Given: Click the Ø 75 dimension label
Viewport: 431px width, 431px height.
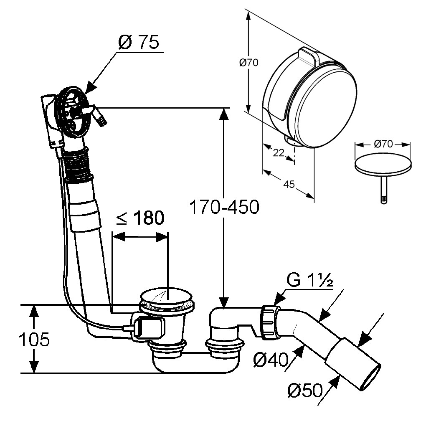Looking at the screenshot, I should [139, 43].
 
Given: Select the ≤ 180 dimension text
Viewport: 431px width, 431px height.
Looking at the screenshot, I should [140, 218].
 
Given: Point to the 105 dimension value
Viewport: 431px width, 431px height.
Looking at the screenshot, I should [34, 340].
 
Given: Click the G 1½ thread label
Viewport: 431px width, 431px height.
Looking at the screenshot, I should [310, 281].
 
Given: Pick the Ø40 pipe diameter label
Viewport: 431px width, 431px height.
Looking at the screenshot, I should [272, 359].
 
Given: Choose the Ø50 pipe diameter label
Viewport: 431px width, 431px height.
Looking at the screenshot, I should [305, 391].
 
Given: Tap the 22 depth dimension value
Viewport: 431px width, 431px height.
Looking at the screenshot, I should [278, 152].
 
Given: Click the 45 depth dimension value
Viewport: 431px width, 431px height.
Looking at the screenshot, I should [288, 184].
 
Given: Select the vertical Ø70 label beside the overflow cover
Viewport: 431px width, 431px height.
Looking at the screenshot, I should [248, 63].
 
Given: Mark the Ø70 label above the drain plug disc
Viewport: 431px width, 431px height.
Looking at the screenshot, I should [383, 145].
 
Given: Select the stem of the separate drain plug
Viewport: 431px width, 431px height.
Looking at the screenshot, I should [383, 188].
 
